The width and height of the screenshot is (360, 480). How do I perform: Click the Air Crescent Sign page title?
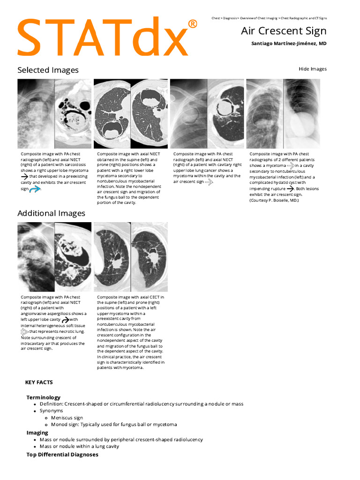tap(284, 31)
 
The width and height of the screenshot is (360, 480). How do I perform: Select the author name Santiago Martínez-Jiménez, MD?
tap(289, 44)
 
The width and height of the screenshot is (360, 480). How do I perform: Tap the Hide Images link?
tap(312, 69)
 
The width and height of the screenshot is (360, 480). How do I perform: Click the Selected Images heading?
tap(48, 70)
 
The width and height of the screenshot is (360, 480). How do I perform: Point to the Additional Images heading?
tap(51, 213)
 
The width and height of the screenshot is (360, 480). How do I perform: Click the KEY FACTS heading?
tap(39, 382)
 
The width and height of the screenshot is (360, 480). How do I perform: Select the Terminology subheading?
tap(43, 397)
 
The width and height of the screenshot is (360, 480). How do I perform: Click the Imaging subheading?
tap(37, 433)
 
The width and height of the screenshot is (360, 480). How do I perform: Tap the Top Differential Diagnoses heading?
tap(62, 455)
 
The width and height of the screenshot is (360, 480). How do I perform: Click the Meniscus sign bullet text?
tap(67, 418)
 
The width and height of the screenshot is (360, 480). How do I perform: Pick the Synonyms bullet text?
tap(51, 411)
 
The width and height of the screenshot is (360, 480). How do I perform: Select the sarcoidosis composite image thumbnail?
tap(54, 114)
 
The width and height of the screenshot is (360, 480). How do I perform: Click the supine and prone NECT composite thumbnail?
tap(130, 114)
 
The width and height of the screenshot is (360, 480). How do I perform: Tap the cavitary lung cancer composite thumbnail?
tap(207, 114)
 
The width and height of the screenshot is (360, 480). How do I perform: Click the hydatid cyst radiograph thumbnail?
tap(283, 114)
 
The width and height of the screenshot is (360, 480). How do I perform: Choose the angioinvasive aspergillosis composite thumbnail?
tap(54, 257)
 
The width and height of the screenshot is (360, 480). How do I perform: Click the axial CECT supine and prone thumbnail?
tap(130, 257)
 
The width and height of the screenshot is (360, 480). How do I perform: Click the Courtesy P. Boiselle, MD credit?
tap(274, 200)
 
